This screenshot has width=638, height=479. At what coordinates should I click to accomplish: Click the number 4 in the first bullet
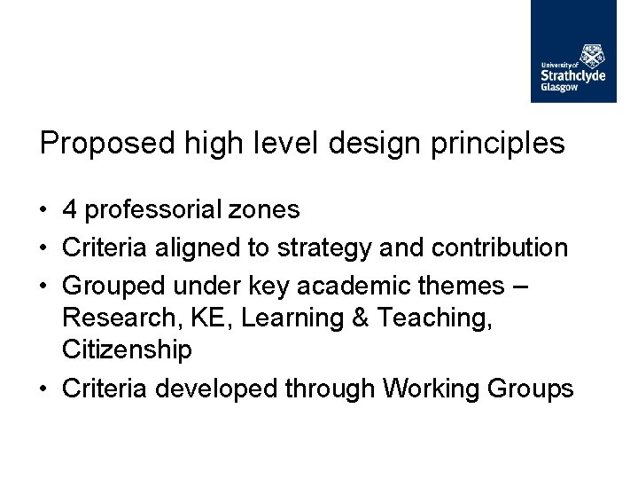(70, 210)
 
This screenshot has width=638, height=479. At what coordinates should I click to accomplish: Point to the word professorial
(155, 210)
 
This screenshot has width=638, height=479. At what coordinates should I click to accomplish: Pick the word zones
(267, 210)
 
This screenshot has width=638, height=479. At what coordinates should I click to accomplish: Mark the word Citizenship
(127, 350)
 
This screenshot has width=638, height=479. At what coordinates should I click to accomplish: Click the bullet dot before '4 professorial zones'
(44, 211)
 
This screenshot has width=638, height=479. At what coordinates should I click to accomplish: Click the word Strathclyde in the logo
(573, 75)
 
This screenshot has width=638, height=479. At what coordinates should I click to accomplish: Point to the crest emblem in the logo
(593, 54)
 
